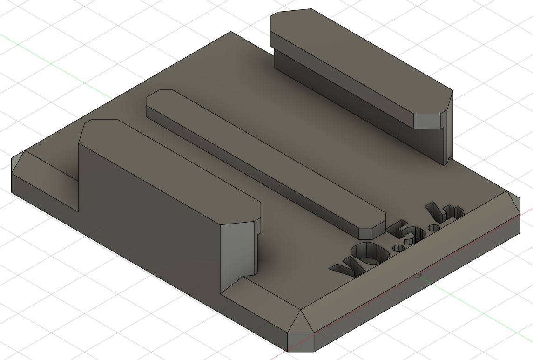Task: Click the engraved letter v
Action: pos(344,268)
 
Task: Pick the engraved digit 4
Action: pos(444,212)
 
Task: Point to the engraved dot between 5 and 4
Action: pos(434,227)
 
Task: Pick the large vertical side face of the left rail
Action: pos(149,217)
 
